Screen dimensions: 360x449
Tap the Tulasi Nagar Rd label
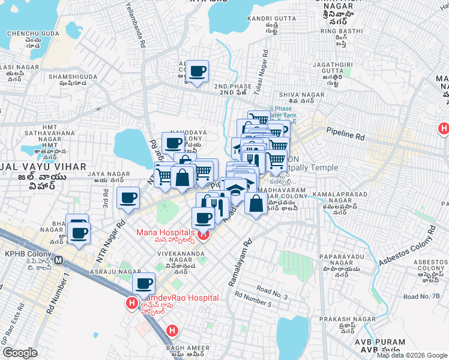point(262,69)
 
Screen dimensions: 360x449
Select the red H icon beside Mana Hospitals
point(203,236)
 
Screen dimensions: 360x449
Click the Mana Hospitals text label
point(165,232)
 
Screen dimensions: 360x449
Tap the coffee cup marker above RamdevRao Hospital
point(143,283)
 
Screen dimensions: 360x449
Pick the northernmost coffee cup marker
point(197,71)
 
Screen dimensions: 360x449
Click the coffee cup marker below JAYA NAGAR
point(127,198)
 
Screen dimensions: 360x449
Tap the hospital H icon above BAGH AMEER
point(172,330)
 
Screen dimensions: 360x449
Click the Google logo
point(20,353)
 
